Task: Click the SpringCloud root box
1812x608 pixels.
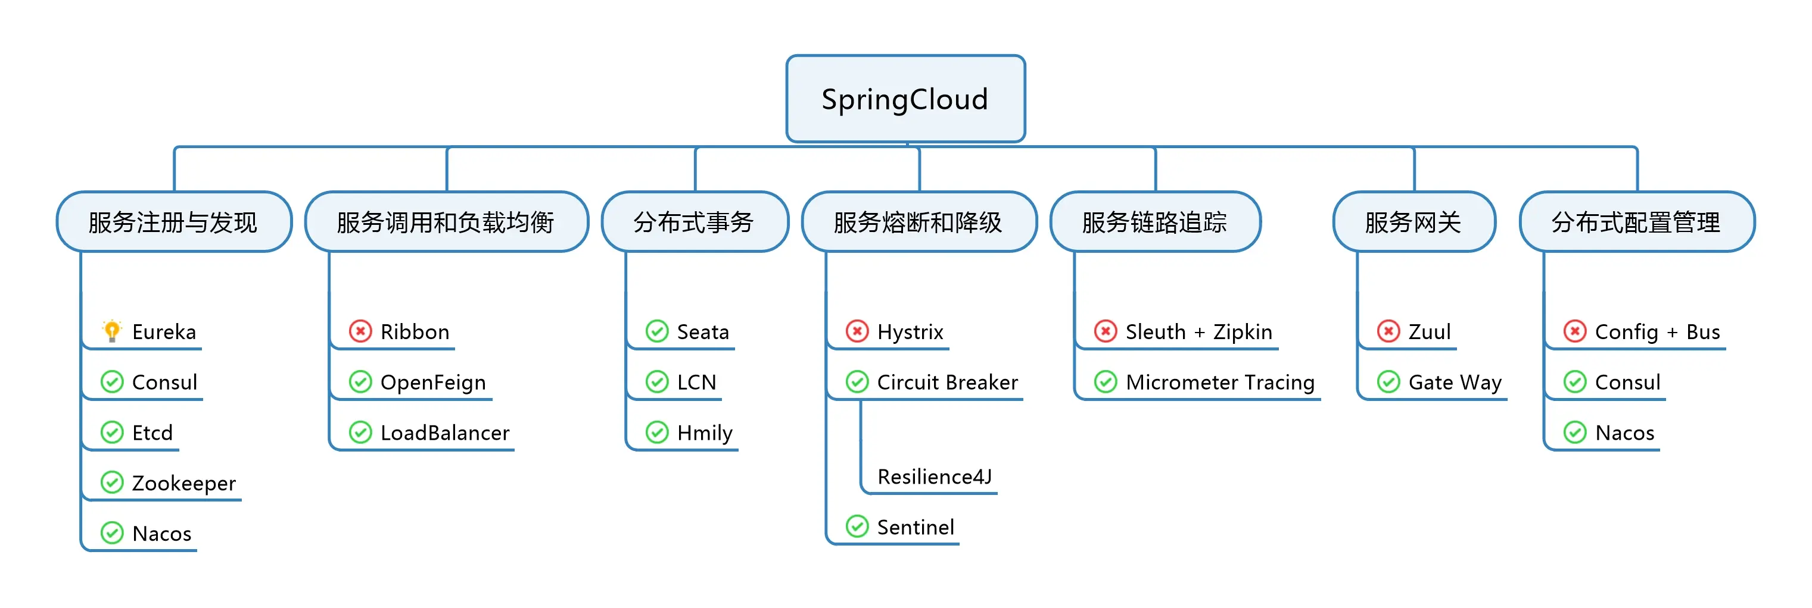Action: [905, 99]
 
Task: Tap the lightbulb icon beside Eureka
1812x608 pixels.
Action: [112, 330]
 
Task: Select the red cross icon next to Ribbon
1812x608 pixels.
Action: [360, 330]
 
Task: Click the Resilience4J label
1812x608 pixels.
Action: [934, 477]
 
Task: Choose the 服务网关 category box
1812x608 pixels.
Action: [1413, 222]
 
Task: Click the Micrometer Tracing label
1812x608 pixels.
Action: [1220, 383]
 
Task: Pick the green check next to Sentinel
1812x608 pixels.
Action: [857, 526]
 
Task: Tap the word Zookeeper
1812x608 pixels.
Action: [183, 484]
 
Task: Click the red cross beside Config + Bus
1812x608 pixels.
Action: [1574, 330]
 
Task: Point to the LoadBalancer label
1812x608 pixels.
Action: [444, 433]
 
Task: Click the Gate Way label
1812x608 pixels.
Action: [1455, 383]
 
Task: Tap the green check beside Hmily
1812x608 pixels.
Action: [657, 433]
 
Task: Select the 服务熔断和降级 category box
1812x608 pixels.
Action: [918, 222]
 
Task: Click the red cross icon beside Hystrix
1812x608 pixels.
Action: [857, 330]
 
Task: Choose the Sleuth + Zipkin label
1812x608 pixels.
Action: [1198, 332]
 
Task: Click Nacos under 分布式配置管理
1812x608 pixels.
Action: [1624, 433]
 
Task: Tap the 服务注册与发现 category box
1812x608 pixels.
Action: [173, 222]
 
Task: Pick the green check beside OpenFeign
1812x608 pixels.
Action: [360, 382]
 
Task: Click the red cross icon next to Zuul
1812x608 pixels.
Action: [1388, 330]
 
